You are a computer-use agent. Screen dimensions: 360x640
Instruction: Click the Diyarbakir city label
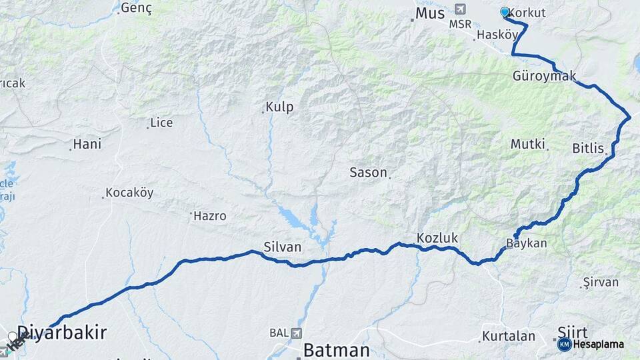(x=62, y=333)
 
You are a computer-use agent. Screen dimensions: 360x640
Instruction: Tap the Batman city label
(x=337, y=350)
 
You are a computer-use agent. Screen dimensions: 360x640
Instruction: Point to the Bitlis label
(x=587, y=148)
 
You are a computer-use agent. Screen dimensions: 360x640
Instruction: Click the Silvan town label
(x=283, y=247)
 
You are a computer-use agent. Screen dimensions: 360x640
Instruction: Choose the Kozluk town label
(x=435, y=237)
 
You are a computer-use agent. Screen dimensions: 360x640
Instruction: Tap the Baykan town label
(x=527, y=243)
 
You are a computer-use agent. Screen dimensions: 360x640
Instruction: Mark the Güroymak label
(x=544, y=76)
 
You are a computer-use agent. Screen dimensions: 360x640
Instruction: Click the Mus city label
(x=429, y=13)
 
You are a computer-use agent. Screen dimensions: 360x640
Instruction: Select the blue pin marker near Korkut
(x=505, y=12)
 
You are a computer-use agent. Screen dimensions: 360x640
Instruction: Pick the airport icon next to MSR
(x=459, y=9)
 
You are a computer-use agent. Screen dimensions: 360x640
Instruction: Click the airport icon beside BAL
(x=295, y=332)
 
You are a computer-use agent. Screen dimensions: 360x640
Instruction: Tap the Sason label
(x=368, y=173)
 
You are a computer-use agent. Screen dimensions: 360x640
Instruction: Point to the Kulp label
(x=279, y=107)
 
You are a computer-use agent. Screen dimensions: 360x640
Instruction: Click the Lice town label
(x=161, y=123)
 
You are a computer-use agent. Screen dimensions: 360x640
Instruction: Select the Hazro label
(x=210, y=216)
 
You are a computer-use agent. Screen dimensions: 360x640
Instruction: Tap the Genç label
(x=137, y=9)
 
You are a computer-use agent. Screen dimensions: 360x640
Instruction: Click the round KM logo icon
(x=564, y=344)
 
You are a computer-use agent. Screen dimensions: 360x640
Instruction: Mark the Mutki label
(x=528, y=144)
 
